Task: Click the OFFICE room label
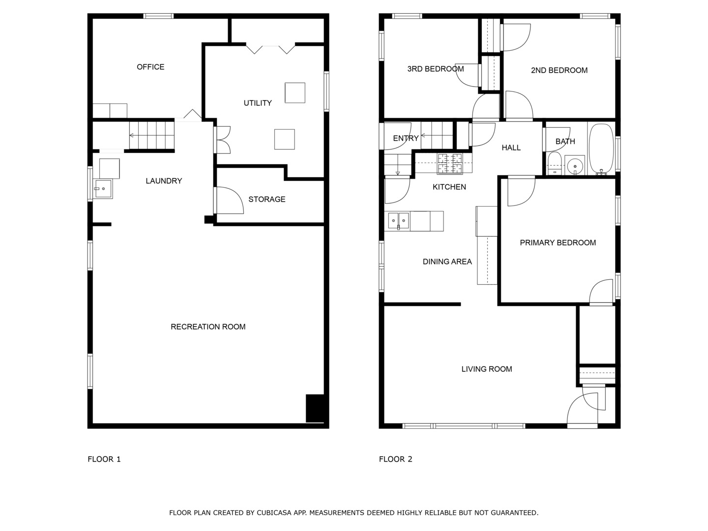tap(150, 67)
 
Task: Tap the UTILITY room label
tap(258, 103)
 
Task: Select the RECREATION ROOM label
tap(208, 326)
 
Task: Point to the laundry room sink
tap(103, 188)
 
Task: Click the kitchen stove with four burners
tap(450, 164)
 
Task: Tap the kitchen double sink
tap(398, 221)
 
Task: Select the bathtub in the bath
tap(601, 148)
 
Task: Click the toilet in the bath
tap(554, 163)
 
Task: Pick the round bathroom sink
tap(574, 166)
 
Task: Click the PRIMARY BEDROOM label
tap(558, 242)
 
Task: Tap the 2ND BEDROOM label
tap(559, 70)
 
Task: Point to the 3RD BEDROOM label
tap(435, 69)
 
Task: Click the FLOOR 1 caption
tap(104, 459)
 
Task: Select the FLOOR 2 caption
tap(395, 459)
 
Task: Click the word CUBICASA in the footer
tap(274, 513)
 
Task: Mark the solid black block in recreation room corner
tap(315, 408)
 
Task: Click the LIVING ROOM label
tap(486, 369)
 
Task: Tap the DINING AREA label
tap(447, 262)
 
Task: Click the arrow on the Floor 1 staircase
tap(133, 135)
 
